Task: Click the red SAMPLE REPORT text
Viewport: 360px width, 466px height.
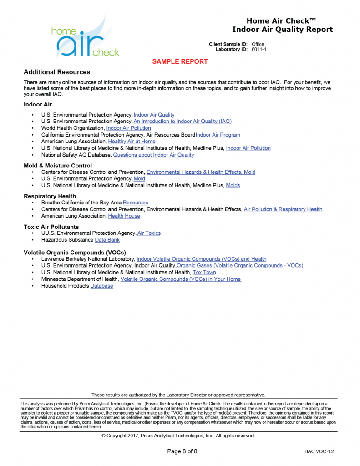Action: [x=180, y=61]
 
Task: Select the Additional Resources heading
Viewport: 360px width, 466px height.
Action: [x=57, y=72]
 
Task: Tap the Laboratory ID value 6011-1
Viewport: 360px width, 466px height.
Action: [x=259, y=49]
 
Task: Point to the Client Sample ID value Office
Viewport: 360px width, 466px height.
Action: [x=258, y=44]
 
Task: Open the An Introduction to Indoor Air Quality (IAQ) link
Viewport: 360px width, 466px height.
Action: [x=183, y=122]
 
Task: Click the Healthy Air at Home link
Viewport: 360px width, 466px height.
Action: [x=132, y=142]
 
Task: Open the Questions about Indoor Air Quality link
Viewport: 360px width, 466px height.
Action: [x=153, y=155]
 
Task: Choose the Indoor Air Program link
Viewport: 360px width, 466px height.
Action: [x=218, y=135]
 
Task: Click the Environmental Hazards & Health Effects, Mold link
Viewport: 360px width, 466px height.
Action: [x=201, y=172]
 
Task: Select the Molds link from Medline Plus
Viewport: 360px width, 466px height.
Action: [x=233, y=185]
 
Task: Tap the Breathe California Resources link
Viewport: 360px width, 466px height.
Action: [x=135, y=203]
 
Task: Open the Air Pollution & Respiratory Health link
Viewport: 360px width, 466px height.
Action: [x=283, y=209]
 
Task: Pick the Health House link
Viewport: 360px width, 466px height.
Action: [x=124, y=216]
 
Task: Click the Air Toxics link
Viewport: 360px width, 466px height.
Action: [x=149, y=233]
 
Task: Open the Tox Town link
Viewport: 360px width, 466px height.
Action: [x=204, y=272]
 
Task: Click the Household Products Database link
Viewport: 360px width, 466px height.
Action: [x=101, y=286]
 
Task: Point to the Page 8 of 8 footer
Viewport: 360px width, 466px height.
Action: [x=182, y=451]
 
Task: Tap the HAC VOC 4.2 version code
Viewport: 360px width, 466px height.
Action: [x=319, y=451]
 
